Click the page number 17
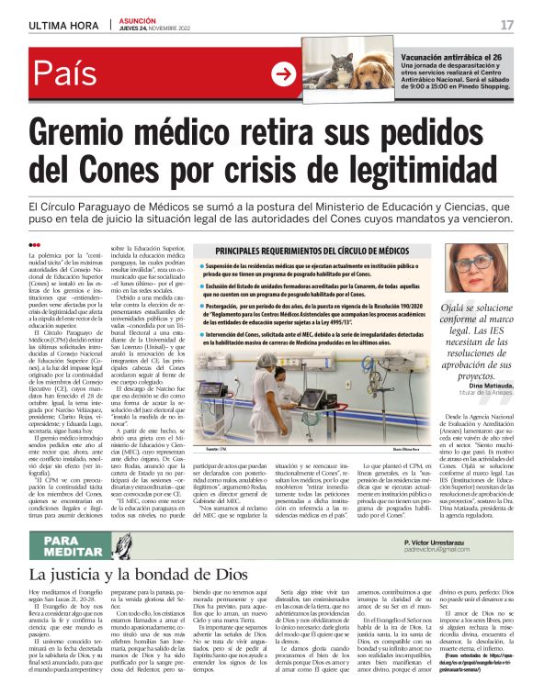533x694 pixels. [x=506, y=25]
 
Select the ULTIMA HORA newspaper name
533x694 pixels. [x=63, y=25]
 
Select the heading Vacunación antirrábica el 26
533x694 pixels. [x=451, y=57]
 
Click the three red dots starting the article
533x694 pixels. [x=36, y=245]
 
